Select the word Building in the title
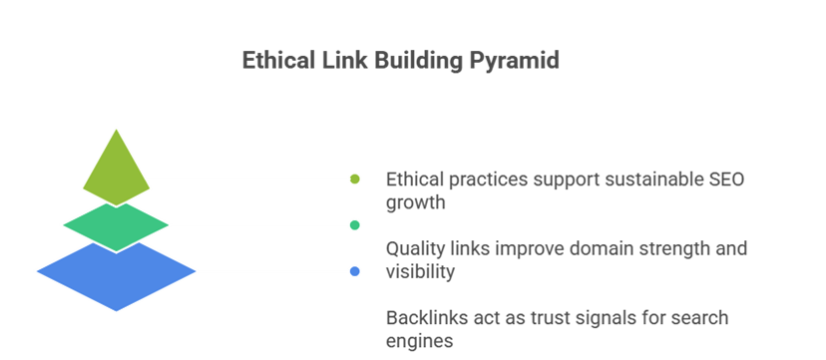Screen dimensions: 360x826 click(411, 61)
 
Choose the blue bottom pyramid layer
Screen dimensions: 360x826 click(116, 270)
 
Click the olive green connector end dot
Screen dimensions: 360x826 click(354, 179)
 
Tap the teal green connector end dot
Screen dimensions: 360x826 click(354, 225)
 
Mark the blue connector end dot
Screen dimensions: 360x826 click(354, 271)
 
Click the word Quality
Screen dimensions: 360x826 click(415, 248)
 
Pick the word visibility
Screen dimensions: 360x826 click(420, 270)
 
